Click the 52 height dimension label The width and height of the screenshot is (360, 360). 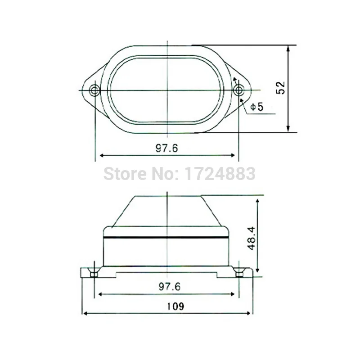click(x=280, y=88)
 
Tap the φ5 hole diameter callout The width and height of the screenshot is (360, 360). click(x=257, y=107)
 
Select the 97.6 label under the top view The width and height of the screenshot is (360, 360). click(x=166, y=148)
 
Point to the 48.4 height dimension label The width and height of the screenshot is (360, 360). click(x=252, y=238)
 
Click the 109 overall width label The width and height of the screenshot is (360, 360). click(x=175, y=306)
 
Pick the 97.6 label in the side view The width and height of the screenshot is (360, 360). click(x=170, y=287)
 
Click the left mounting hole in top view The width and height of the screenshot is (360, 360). click(x=94, y=90)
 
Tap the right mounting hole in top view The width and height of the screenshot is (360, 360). click(x=238, y=90)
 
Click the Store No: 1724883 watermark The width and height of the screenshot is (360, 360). click(x=179, y=174)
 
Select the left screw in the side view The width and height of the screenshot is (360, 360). click(x=94, y=273)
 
